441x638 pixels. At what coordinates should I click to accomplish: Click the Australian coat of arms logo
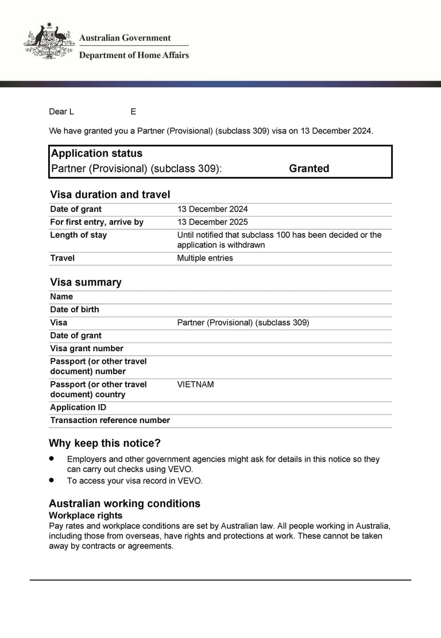pyautogui.click(x=49, y=41)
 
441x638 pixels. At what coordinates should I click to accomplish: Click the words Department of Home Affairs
pyautogui.click(x=134, y=55)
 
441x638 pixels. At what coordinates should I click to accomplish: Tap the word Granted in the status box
pyautogui.click(x=309, y=168)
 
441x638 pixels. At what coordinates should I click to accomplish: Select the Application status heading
pyautogui.click(x=96, y=153)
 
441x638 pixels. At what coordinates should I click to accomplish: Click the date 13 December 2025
pyautogui.click(x=212, y=222)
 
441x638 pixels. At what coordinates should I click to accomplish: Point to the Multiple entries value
pyautogui.click(x=205, y=258)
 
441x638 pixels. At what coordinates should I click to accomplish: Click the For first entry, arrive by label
pyautogui.click(x=96, y=222)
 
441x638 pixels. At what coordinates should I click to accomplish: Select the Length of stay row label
pyautogui.click(x=78, y=235)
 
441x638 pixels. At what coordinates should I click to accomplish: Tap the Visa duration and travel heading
pyautogui.click(x=110, y=194)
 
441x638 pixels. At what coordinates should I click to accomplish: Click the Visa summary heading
pyautogui.click(x=86, y=282)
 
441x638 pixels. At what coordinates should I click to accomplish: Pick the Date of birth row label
pyautogui.click(x=75, y=309)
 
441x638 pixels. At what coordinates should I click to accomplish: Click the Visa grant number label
pyautogui.click(x=87, y=348)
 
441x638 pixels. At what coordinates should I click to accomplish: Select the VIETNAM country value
pyautogui.click(x=195, y=385)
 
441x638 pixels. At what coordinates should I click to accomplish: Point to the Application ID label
pyautogui.click(x=78, y=408)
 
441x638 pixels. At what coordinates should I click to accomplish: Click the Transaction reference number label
pyautogui.click(x=110, y=420)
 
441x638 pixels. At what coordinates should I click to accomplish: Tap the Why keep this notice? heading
pyautogui.click(x=105, y=443)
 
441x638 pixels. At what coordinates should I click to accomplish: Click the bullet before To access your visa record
pyautogui.click(x=52, y=479)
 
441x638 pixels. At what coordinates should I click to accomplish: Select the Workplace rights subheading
pyautogui.click(x=86, y=516)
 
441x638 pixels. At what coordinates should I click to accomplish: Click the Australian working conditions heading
pyautogui.click(x=125, y=504)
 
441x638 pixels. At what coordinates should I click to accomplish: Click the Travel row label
pyautogui.click(x=62, y=258)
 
